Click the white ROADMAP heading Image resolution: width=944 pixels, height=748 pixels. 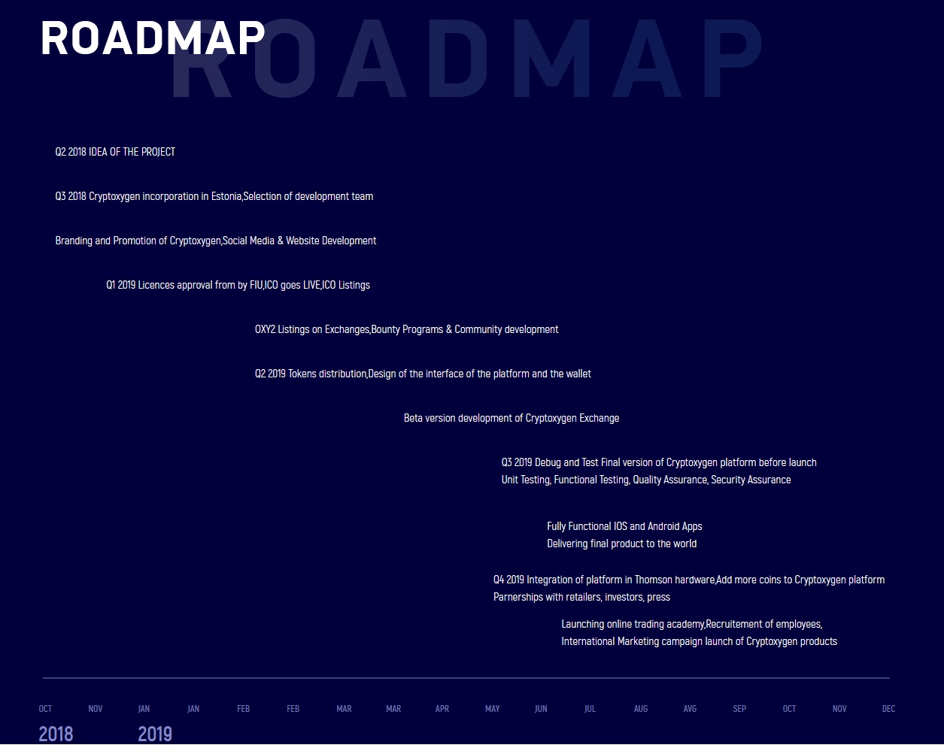click(153, 38)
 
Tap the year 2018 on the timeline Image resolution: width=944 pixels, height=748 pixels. click(56, 734)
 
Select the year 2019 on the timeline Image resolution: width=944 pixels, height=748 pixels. click(155, 734)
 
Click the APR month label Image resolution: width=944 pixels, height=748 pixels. click(442, 709)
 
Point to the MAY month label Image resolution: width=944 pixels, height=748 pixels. click(492, 709)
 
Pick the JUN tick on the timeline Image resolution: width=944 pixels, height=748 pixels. click(541, 709)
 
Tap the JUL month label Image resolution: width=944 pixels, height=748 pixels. click(590, 709)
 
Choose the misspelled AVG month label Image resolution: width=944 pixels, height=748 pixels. click(690, 709)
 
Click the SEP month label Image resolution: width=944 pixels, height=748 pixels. click(739, 709)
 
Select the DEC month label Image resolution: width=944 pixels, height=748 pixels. click(889, 709)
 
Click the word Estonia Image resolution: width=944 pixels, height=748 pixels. click(226, 196)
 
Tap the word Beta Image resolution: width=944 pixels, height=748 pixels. click(413, 418)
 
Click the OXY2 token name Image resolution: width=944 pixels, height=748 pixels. click(265, 329)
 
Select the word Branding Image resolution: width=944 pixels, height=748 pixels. click(74, 241)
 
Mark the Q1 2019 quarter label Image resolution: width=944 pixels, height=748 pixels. click(120, 285)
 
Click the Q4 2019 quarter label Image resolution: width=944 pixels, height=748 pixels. click(508, 580)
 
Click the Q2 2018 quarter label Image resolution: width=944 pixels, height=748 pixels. click(71, 152)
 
